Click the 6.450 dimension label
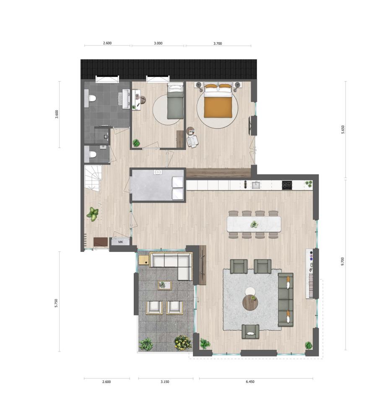coord(250,382)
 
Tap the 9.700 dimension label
coord(343,261)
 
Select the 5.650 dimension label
coord(343,129)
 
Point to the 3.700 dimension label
coord(218,43)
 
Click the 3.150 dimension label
coord(165,382)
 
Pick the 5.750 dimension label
coord(56,303)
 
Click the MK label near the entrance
coord(121,242)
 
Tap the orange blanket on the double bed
coord(218,107)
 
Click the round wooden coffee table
coord(250,303)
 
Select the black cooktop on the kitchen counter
coord(287,185)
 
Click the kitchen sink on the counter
coord(256,185)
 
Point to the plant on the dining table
coord(254,224)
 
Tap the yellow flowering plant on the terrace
coord(183,343)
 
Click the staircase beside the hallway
coord(93,177)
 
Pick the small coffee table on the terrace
coord(164,285)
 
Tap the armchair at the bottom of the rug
coord(250,332)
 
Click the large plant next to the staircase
coord(93,214)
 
